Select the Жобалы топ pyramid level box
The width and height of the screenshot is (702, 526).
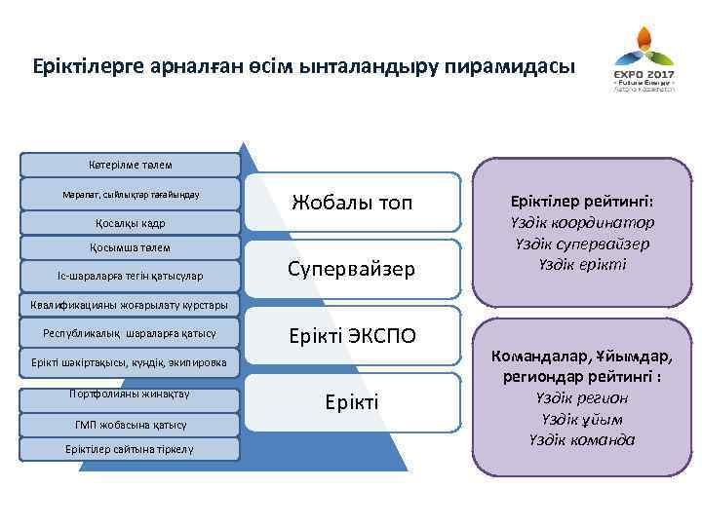point(353,203)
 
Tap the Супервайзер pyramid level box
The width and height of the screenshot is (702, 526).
point(353,267)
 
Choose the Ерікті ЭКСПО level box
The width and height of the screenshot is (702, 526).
point(353,336)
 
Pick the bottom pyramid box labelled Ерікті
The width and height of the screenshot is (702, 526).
point(353,401)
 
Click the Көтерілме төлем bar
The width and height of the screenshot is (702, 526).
point(131,165)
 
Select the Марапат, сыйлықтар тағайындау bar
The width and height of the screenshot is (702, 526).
point(131,194)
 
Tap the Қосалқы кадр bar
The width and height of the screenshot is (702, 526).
point(131,223)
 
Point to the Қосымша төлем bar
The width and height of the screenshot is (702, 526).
point(131,246)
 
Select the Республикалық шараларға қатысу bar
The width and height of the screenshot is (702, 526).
point(130,333)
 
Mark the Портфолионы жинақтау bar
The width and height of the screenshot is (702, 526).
point(130,394)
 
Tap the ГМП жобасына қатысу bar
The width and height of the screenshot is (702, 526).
point(130,424)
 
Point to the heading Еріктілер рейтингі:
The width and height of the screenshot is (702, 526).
point(582,202)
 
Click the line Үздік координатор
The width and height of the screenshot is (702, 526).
point(582,223)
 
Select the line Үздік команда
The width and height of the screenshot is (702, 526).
point(584,439)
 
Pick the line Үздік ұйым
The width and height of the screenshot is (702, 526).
point(584,419)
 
